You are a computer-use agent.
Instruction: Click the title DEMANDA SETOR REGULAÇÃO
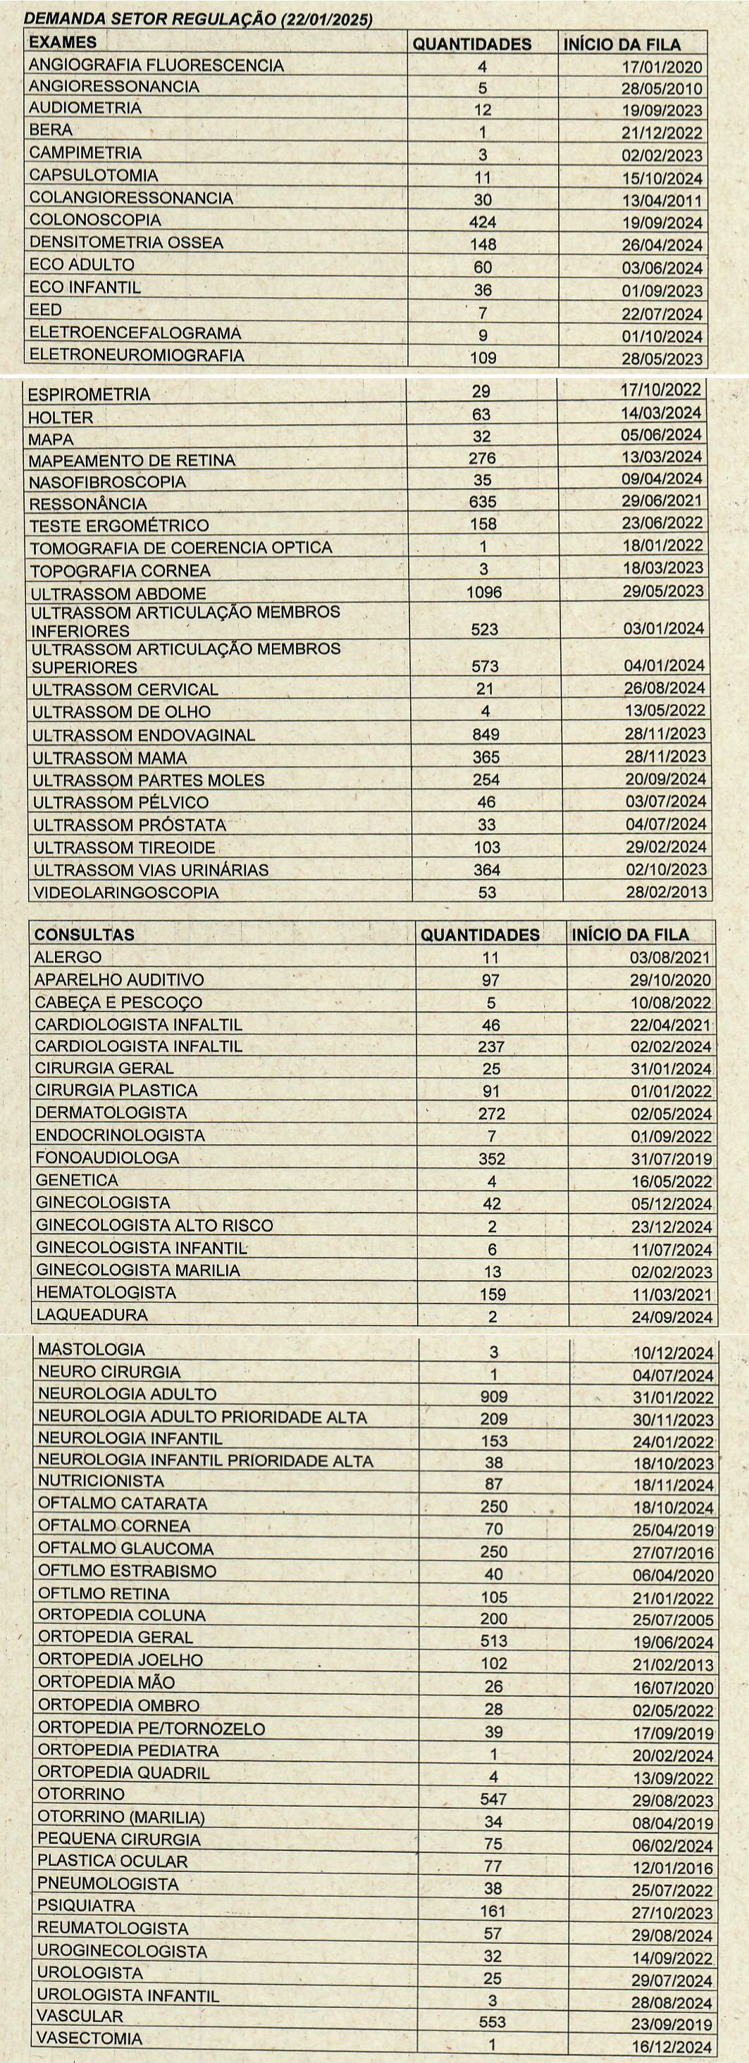click(x=199, y=20)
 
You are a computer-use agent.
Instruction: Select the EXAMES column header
click(x=63, y=42)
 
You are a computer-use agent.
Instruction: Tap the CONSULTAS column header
click(x=84, y=934)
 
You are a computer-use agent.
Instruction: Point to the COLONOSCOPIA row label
click(x=94, y=220)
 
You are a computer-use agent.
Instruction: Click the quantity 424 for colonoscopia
click(x=483, y=222)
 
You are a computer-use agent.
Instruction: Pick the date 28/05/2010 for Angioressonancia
click(x=662, y=89)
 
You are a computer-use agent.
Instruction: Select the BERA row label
click(x=51, y=130)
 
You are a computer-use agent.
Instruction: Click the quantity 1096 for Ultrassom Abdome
click(x=484, y=593)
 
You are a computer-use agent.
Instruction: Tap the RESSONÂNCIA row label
click(x=88, y=503)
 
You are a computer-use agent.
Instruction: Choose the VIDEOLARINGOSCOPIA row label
click(x=125, y=892)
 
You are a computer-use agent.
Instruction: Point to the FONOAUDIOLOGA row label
click(x=106, y=1158)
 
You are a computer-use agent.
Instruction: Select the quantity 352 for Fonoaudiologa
click(x=492, y=1159)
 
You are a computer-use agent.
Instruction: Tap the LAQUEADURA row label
click(x=92, y=1315)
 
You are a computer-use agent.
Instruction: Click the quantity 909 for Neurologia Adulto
click(x=493, y=1396)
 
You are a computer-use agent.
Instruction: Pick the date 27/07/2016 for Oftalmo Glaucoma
click(x=673, y=1553)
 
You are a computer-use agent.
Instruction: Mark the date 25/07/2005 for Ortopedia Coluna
click(x=673, y=1620)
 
